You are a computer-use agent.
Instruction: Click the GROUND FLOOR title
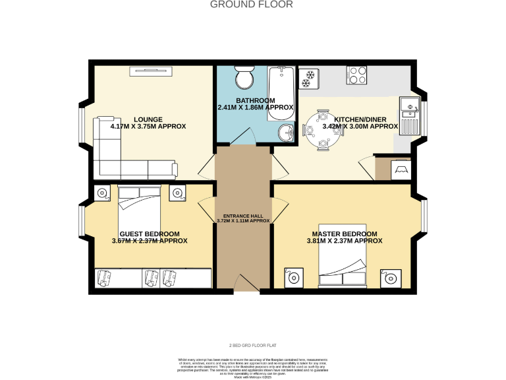click(x=252, y=5)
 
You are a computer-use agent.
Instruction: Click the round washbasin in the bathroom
click(x=287, y=133)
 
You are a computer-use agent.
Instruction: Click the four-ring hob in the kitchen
click(x=358, y=75)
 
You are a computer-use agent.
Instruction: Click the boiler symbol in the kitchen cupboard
click(x=400, y=170)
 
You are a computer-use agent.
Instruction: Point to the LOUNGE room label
click(x=148, y=119)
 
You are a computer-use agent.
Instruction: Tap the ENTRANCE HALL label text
click(x=243, y=215)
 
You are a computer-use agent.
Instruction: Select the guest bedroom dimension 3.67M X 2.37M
click(x=150, y=241)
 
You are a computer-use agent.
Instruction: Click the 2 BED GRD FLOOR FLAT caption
click(x=252, y=345)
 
